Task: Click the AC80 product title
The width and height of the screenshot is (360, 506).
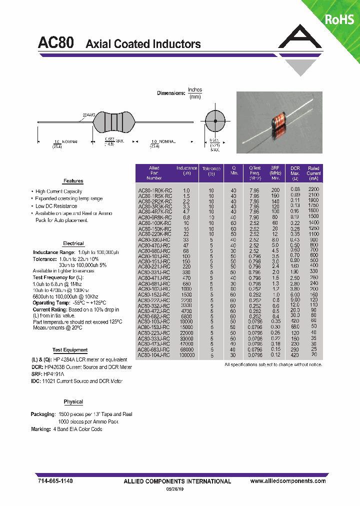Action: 56,43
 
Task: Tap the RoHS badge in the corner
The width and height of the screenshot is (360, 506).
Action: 339,19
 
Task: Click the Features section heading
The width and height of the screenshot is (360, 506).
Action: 73,181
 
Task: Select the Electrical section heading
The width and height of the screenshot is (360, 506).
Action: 73,243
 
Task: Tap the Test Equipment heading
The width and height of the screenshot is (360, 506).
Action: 70,350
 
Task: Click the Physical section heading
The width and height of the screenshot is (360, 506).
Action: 73,402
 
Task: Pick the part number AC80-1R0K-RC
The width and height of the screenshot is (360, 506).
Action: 154,190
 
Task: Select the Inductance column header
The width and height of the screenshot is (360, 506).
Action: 187,170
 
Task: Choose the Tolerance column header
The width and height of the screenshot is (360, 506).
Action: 211,171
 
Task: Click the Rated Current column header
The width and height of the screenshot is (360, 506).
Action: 313,173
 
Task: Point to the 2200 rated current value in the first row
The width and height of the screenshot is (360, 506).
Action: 313,189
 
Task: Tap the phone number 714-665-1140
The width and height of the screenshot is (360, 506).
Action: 55,480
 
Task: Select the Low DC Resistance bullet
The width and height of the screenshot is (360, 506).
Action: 56,206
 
